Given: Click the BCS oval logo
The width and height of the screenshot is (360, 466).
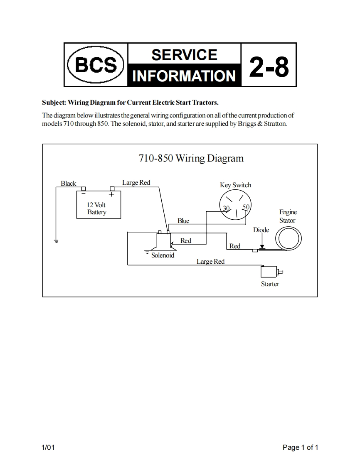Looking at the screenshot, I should (x=96, y=65).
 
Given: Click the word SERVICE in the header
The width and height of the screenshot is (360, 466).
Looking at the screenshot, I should (x=184, y=55).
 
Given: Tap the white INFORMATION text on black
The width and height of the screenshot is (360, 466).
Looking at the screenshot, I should (x=184, y=76).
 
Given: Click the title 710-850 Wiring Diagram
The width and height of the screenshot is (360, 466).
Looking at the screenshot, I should (x=191, y=158).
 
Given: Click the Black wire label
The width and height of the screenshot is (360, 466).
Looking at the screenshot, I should (x=68, y=183).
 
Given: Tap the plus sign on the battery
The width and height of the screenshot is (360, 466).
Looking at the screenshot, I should (x=112, y=194).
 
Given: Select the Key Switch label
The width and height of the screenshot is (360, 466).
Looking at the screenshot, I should (x=235, y=185).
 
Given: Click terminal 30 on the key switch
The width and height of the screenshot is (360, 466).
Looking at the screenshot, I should (x=226, y=208).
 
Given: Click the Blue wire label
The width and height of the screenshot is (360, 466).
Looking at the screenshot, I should (x=183, y=221).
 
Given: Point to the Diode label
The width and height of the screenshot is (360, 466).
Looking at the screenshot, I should (x=261, y=230).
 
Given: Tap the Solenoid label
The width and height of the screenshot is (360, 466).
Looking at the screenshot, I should (x=163, y=255).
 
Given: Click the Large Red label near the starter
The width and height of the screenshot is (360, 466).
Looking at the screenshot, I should (x=210, y=261).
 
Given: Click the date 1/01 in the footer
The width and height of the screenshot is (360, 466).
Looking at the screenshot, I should (x=48, y=447).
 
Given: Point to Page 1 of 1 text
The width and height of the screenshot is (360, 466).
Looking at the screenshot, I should (x=300, y=447).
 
